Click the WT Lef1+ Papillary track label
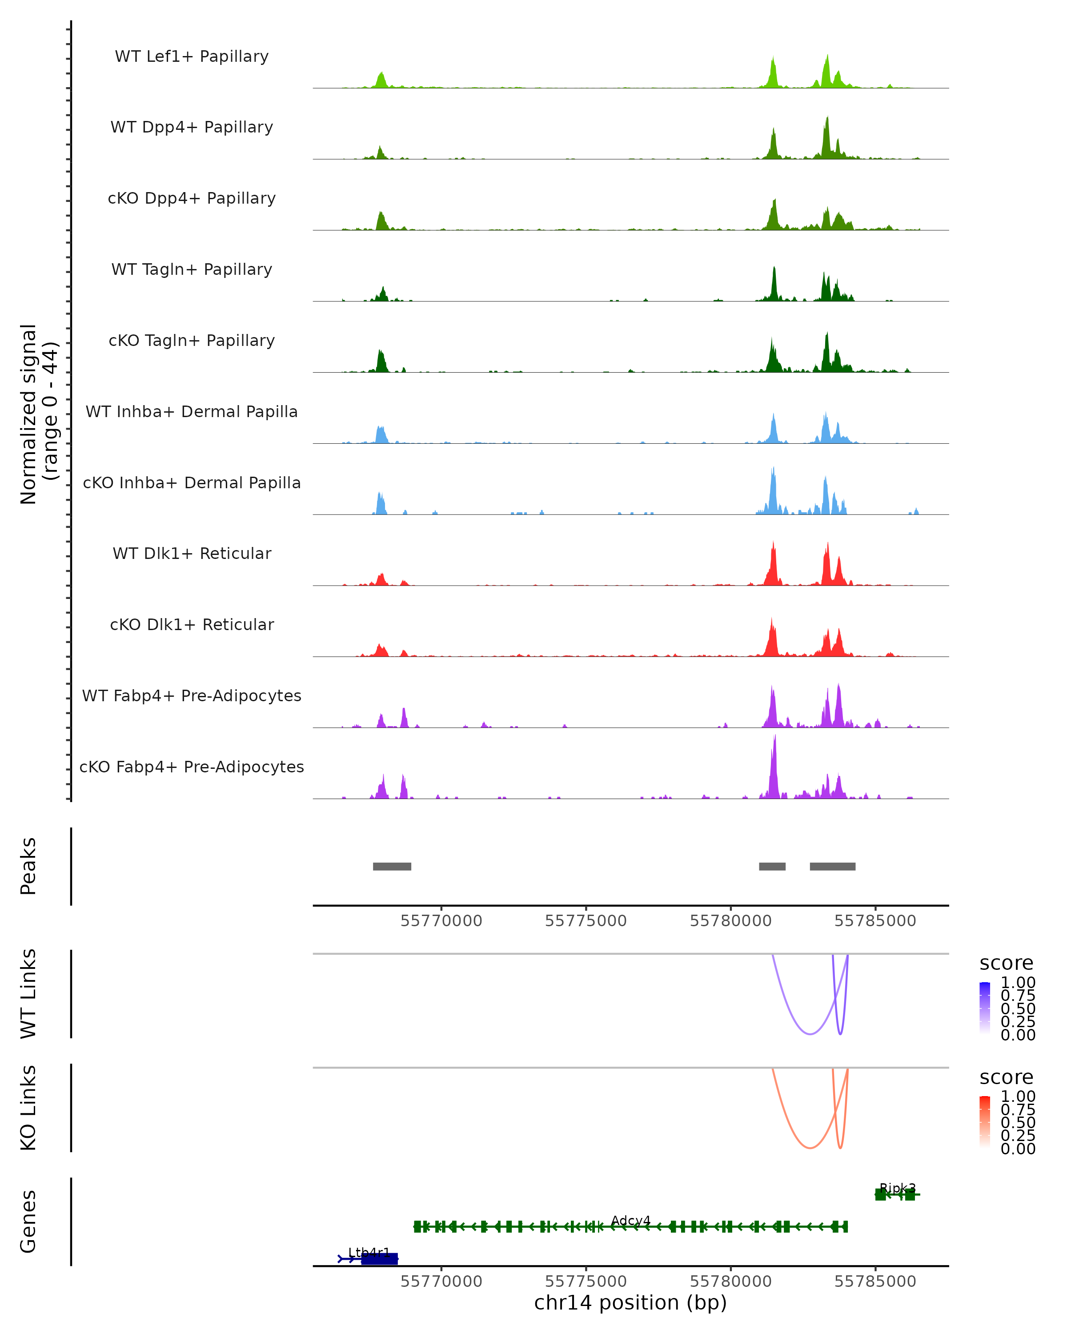(x=192, y=56)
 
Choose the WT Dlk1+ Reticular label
(x=192, y=553)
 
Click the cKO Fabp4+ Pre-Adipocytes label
(x=192, y=767)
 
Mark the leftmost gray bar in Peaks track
(x=392, y=866)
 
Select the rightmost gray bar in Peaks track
(x=833, y=866)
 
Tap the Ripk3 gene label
(x=898, y=1188)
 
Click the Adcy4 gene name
(x=630, y=1220)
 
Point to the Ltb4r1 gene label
(x=369, y=1252)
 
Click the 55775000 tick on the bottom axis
(x=586, y=1281)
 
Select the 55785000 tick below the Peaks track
(x=875, y=921)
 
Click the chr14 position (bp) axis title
(x=630, y=1303)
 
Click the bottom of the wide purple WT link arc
(x=810, y=1034)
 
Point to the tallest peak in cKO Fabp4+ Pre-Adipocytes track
(x=774, y=738)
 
